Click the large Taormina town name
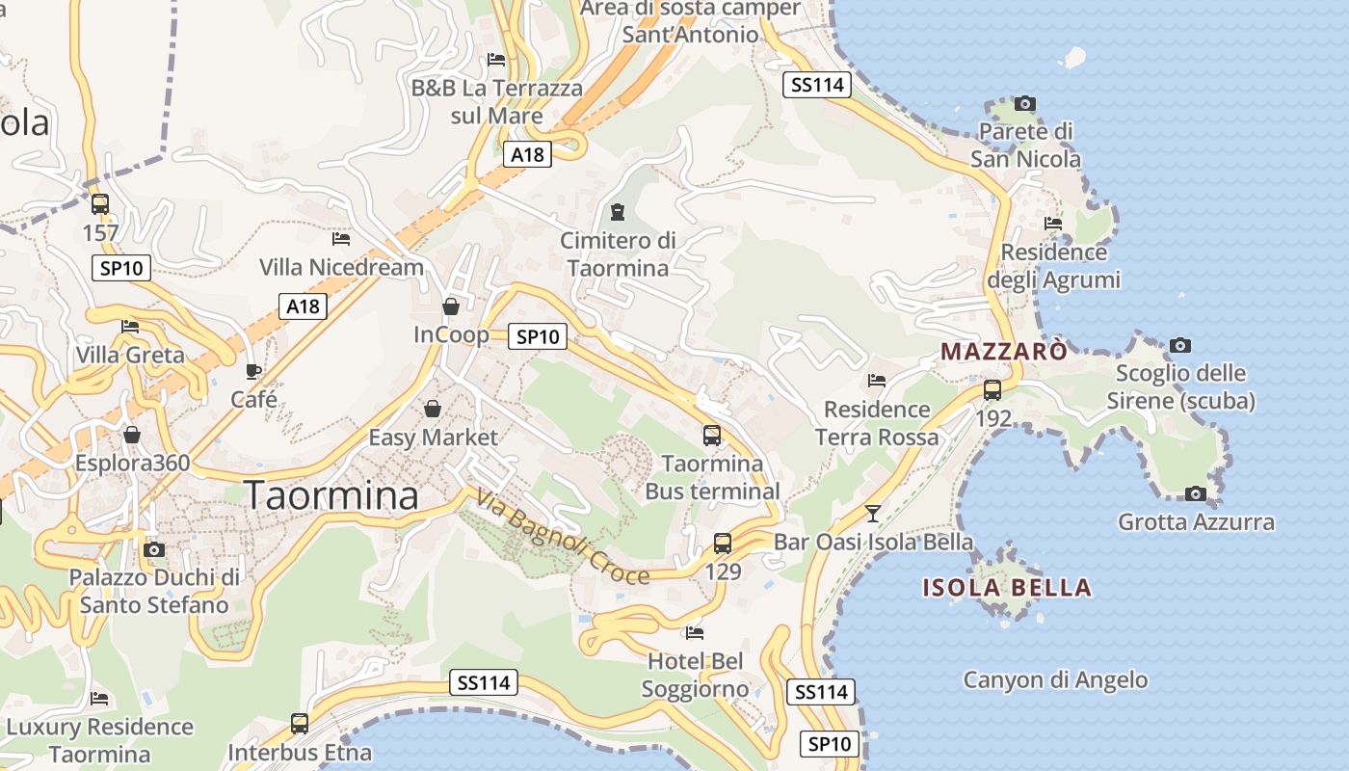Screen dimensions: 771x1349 click(x=331, y=495)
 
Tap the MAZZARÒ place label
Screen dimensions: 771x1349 click(x=1004, y=351)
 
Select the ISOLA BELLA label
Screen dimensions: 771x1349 click(x=1007, y=587)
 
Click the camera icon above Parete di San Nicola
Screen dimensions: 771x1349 click(x=1025, y=103)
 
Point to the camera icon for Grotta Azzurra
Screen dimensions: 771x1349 click(x=1195, y=493)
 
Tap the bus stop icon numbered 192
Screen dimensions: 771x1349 click(x=992, y=390)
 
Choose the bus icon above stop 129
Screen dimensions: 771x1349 click(x=723, y=544)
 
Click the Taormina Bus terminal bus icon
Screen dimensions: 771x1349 click(x=712, y=436)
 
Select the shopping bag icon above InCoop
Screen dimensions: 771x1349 click(x=450, y=306)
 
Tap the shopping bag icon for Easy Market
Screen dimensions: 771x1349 click(x=433, y=410)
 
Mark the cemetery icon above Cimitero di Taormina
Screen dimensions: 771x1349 click(x=618, y=212)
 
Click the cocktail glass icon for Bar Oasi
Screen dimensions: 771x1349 click(x=873, y=513)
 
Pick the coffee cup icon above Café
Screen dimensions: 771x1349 click(x=253, y=371)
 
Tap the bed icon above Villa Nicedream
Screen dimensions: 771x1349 click(x=341, y=239)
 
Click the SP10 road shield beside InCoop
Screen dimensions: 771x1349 click(x=538, y=336)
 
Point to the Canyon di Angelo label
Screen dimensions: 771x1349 click(x=1055, y=679)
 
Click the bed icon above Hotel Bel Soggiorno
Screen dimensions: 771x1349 click(x=694, y=633)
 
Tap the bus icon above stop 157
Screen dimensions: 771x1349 click(x=100, y=204)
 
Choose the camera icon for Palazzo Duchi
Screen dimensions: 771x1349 click(x=153, y=550)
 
